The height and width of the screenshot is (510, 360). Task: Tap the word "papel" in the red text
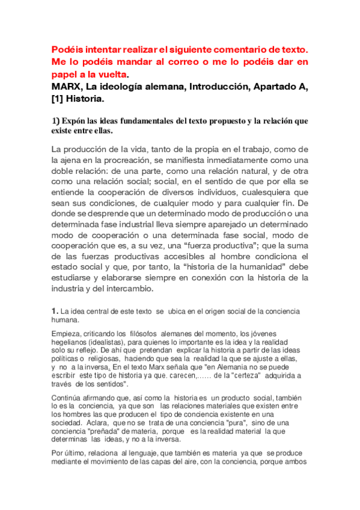click(x=63, y=75)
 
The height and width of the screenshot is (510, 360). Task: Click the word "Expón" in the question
click(x=73, y=121)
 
